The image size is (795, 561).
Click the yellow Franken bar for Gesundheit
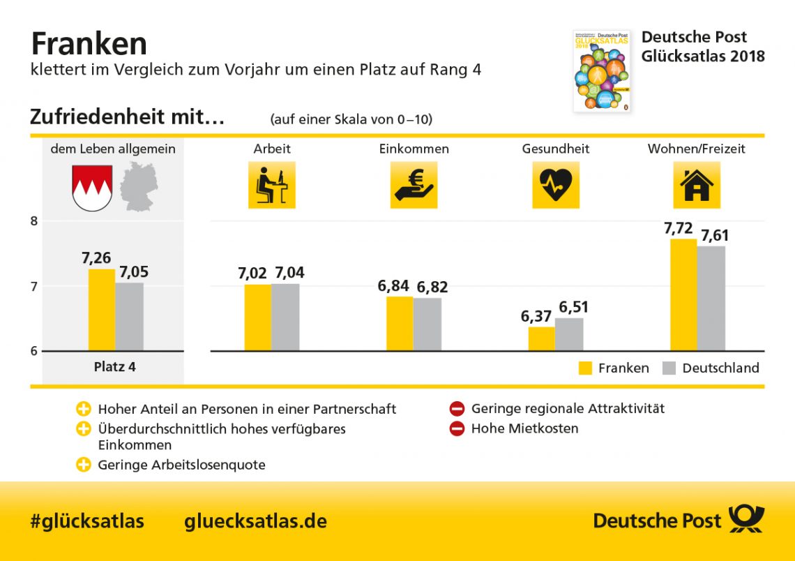[x=542, y=338]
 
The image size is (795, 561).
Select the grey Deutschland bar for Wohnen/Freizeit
[x=710, y=298]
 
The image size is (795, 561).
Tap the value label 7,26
[x=96, y=258]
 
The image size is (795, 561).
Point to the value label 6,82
[x=432, y=287]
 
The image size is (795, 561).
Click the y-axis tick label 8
[x=33, y=221]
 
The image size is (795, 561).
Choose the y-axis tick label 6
[x=33, y=351]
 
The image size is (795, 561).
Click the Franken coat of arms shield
[x=92, y=188]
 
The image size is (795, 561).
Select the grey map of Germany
[x=139, y=186]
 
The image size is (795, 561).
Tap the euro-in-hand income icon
[x=414, y=185]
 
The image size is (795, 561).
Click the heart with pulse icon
[x=556, y=185]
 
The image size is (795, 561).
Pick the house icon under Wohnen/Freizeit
[x=696, y=185]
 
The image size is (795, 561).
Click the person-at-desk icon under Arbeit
[x=271, y=185]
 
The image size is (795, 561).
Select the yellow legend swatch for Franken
[x=586, y=368]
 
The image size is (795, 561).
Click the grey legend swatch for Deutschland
[x=669, y=368]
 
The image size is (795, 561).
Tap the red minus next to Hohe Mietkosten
[x=457, y=429]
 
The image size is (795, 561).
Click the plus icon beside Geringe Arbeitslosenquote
[x=84, y=465]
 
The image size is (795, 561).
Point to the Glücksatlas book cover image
[x=601, y=71]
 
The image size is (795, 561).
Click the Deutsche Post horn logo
[x=746, y=520]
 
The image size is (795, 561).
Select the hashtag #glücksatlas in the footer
[x=87, y=521]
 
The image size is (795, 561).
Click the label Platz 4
[x=114, y=366]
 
